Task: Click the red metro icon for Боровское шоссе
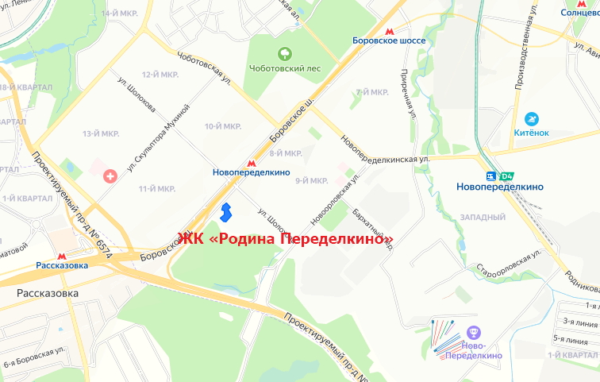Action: (388, 26)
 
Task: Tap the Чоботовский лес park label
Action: (287, 68)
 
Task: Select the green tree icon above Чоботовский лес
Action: (283, 54)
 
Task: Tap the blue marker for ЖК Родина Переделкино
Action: (225, 213)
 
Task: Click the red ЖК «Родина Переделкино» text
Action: (286, 239)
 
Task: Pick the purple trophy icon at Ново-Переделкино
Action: (475, 333)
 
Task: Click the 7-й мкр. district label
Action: (372, 92)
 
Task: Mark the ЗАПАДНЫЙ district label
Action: (482, 217)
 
